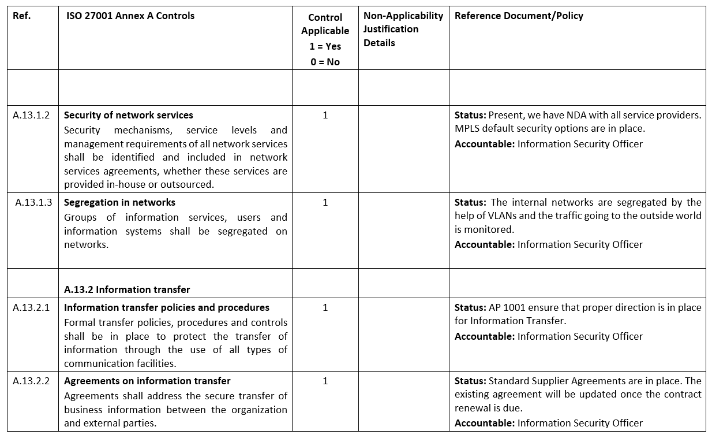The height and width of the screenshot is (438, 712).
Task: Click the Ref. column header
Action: click(21, 16)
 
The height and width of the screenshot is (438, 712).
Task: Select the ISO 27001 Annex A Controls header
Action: click(130, 16)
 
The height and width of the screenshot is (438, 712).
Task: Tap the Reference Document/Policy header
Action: click(519, 16)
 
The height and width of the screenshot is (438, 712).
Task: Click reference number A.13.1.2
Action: click(31, 115)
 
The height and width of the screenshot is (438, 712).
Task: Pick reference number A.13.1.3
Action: click(33, 202)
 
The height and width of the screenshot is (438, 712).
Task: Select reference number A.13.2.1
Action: click(31, 307)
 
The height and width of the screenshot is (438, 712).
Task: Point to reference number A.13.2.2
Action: click(31, 381)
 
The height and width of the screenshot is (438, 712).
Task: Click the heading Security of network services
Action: click(128, 115)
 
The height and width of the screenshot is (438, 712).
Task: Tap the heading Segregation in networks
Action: click(119, 202)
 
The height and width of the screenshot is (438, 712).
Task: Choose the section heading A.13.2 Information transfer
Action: click(127, 289)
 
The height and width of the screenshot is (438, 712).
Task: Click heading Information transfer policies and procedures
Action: click(167, 307)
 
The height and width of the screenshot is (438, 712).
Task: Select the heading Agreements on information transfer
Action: click(147, 381)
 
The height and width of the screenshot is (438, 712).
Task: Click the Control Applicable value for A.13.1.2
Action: click(325, 115)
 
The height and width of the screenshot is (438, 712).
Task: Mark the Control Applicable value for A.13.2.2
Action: click(325, 381)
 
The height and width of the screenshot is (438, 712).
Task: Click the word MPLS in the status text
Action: click(467, 128)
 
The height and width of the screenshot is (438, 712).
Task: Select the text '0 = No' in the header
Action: click(325, 62)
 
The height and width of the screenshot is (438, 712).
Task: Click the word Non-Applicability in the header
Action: click(403, 16)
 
